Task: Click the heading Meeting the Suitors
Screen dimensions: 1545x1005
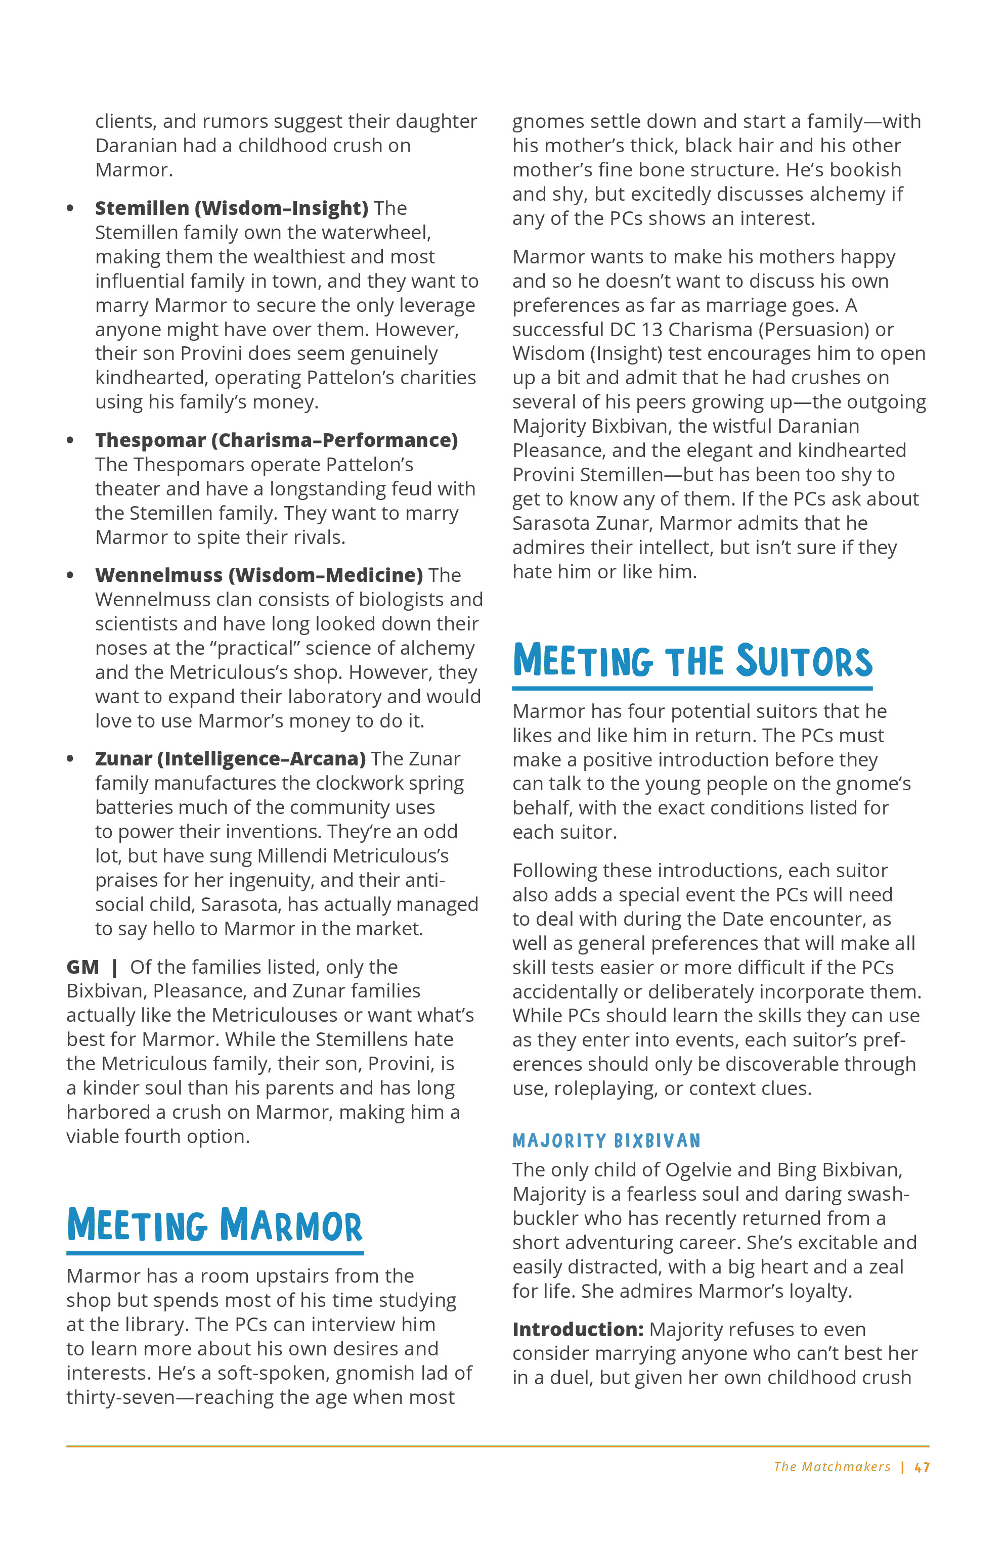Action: [692, 661]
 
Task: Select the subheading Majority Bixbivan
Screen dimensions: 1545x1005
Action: [606, 1141]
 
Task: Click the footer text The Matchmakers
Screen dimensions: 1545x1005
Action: [832, 1467]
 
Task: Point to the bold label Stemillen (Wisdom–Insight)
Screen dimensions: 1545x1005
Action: [231, 208]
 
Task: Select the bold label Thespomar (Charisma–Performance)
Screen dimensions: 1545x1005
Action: [276, 440]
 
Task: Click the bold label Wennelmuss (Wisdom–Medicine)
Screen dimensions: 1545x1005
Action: [258, 575]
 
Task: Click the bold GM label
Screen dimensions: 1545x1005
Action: [82, 967]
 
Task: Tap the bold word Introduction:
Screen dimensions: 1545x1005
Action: [578, 1330]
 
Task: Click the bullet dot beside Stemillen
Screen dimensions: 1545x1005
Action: [70, 208]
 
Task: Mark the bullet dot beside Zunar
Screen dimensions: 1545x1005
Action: [70, 759]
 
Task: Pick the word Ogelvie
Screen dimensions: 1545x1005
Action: [698, 1170]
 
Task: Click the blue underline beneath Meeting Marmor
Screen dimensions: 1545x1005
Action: [214, 1253]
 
